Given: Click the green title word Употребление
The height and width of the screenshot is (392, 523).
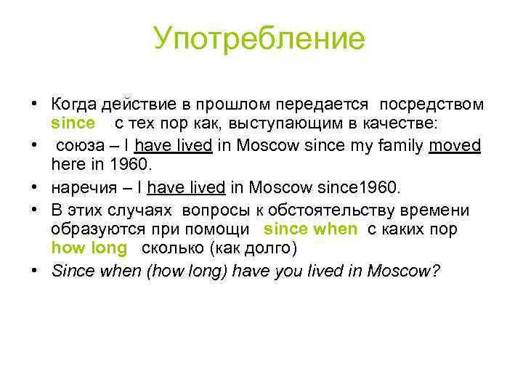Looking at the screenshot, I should click(259, 39).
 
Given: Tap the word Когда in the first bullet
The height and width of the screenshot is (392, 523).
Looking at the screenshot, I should click(76, 105).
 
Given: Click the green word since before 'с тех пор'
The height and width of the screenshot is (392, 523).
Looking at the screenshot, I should click(73, 123).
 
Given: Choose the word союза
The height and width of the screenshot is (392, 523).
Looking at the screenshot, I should click(79, 145).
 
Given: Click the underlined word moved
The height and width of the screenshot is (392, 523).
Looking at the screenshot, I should click(455, 145).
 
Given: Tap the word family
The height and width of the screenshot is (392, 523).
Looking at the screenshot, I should click(394, 145).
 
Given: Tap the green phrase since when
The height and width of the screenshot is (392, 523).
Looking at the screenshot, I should click(311, 229).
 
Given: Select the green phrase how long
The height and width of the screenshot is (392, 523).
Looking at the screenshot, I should click(89, 248).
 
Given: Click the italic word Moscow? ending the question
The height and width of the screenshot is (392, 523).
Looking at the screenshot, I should click(403, 271).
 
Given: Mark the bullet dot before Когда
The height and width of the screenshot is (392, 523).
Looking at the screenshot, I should click(35, 105).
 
